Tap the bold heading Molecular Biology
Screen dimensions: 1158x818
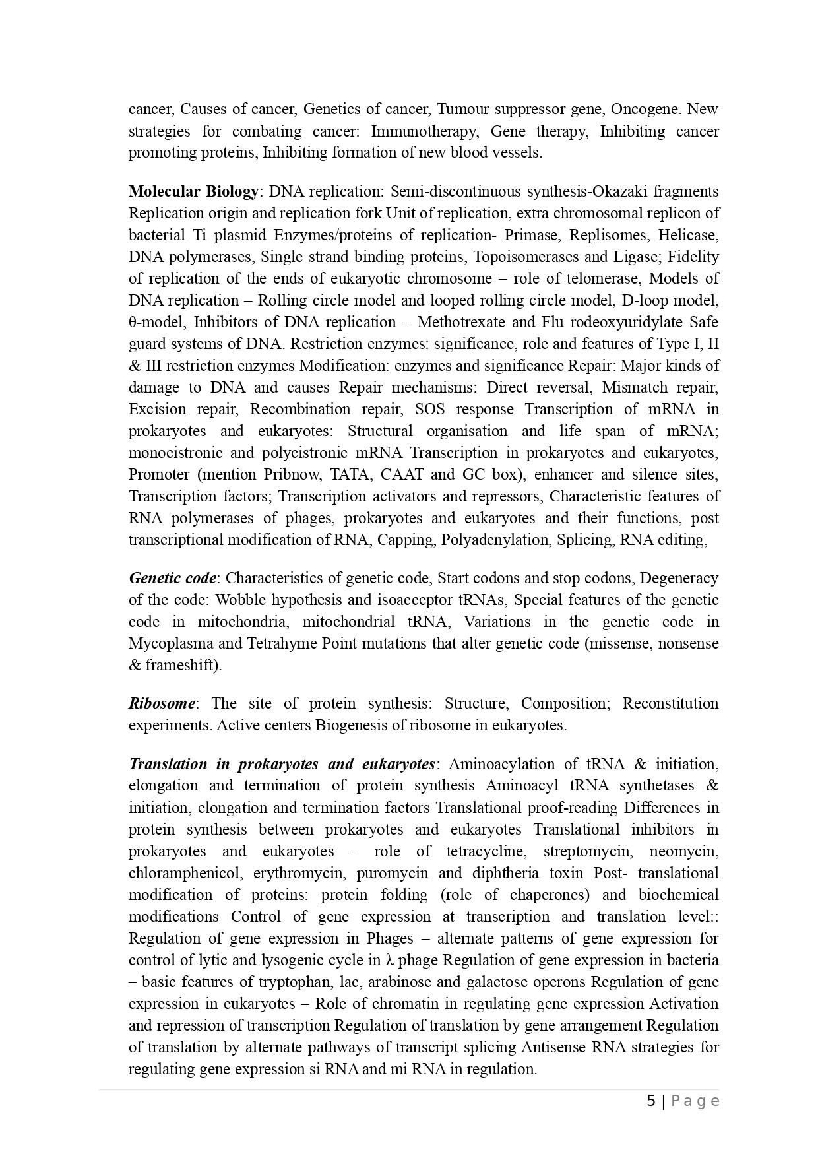click(194, 191)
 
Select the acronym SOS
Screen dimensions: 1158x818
click(429, 409)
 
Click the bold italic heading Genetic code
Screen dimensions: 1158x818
click(172, 578)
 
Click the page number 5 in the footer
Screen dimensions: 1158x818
click(651, 1101)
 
